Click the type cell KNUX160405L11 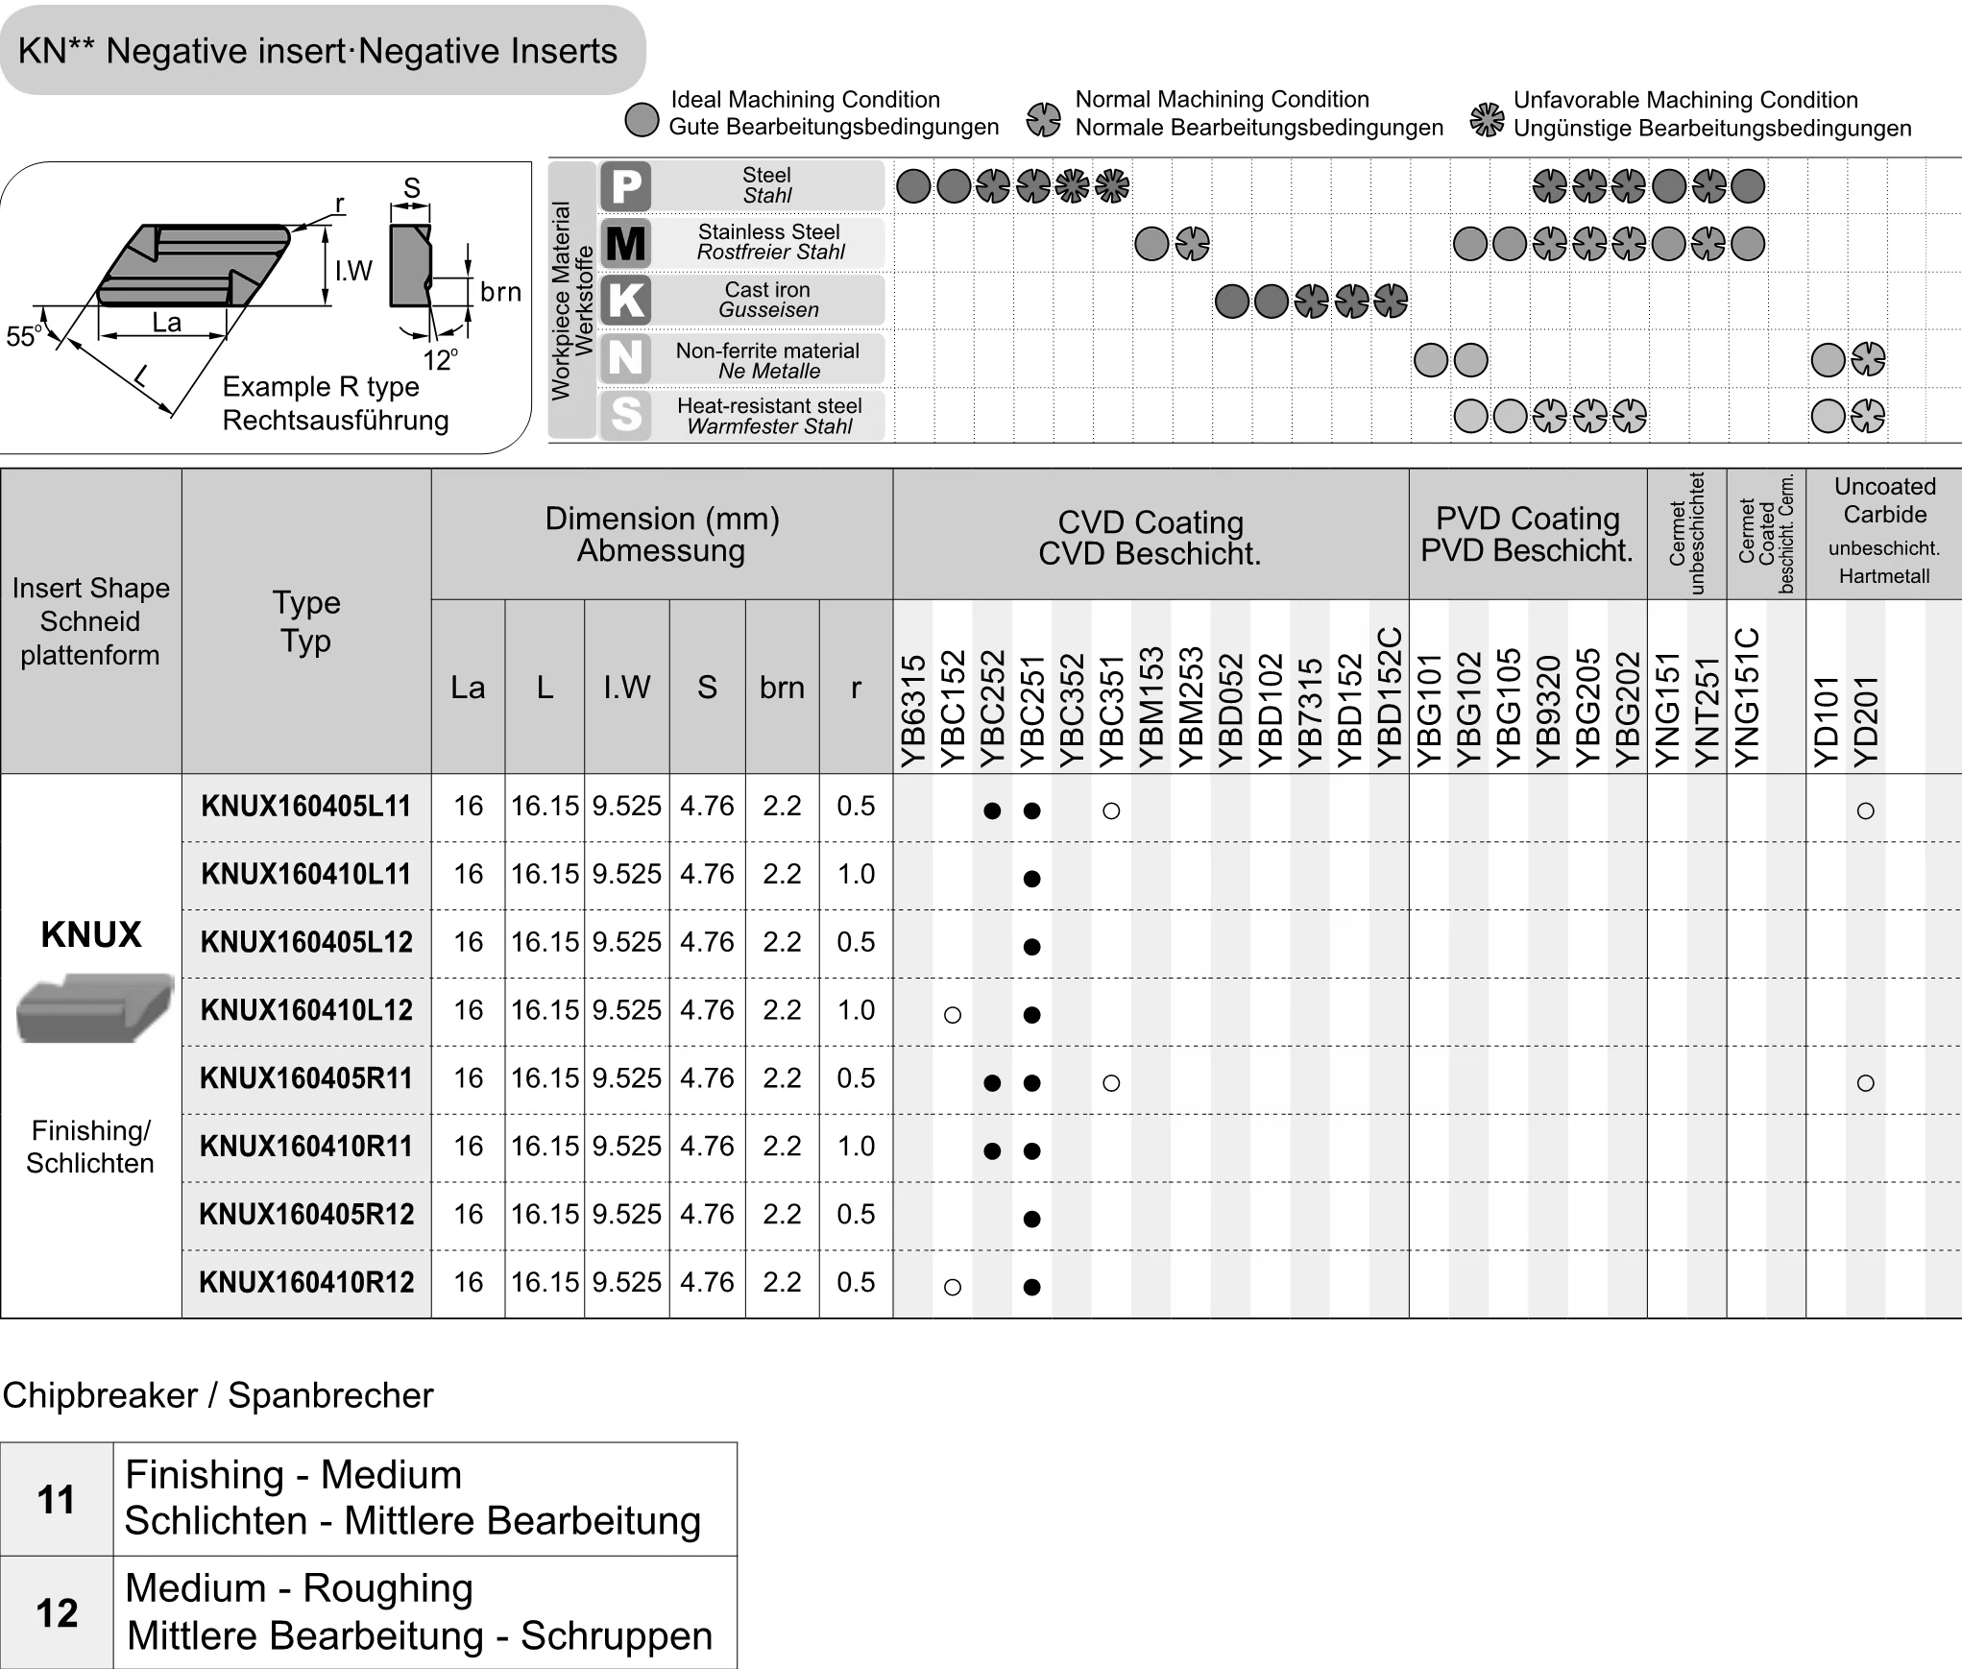point(306,807)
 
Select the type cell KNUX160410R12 point(306,1283)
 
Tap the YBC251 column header point(1032,711)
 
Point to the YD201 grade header point(1866,720)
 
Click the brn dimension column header point(782,688)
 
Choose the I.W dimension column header point(626,688)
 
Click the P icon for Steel point(626,185)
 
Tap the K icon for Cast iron point(626,301)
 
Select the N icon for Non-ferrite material point(626,358)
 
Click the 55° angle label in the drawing point(23,336)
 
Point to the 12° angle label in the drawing point(440,360)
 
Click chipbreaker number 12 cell point(57,1612)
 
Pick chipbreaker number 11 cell point(57,1499)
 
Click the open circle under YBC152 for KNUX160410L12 point(953,1015)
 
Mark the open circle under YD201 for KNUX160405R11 point(1866,1083)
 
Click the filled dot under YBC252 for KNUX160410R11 point(992,1151)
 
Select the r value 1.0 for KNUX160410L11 point(856,875)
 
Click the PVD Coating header point(1527,534)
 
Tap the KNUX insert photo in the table point(95,1008)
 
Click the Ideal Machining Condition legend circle point(642,120)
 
